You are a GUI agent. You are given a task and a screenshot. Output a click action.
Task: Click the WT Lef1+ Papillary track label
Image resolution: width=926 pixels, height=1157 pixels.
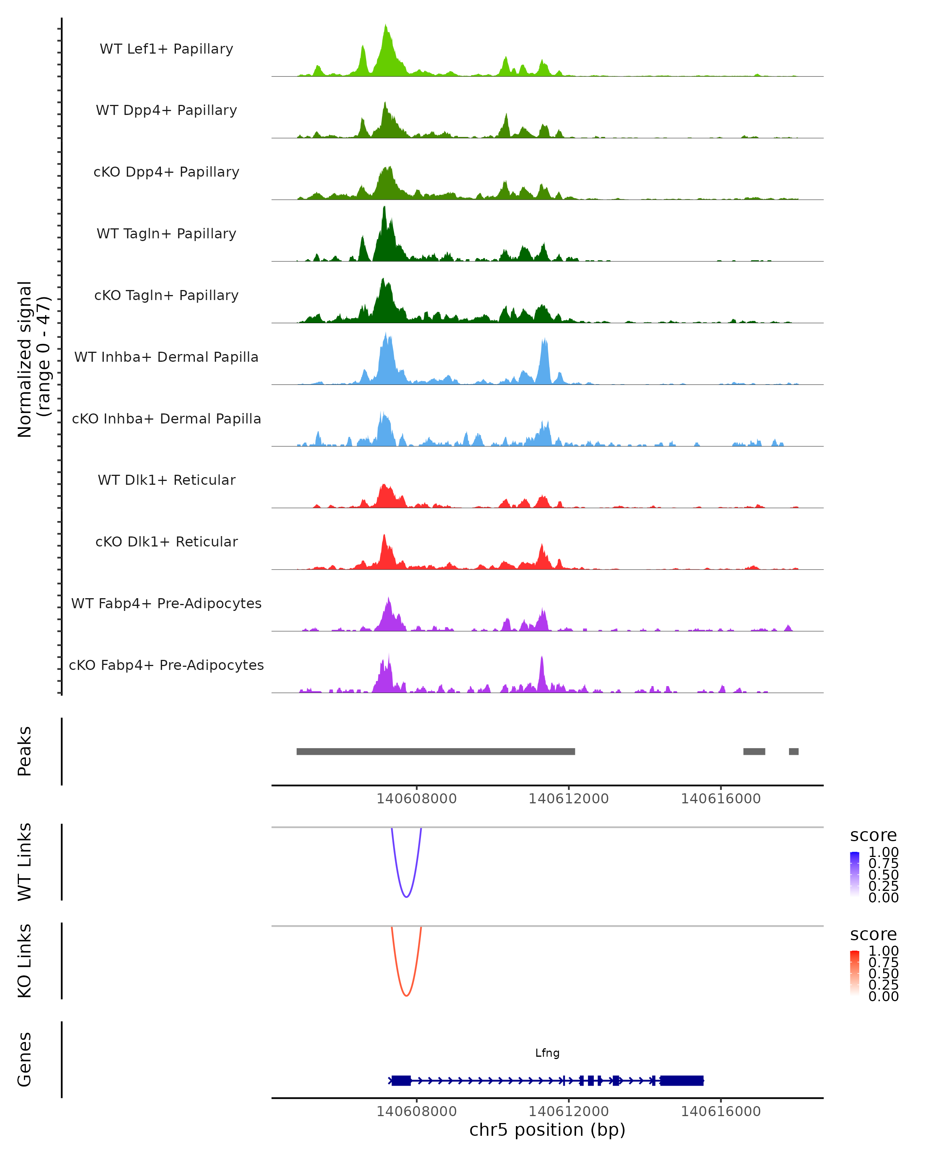pos(166,49)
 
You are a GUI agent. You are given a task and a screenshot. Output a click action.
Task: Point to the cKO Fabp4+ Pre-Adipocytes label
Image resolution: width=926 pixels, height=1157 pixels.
pos(166,665)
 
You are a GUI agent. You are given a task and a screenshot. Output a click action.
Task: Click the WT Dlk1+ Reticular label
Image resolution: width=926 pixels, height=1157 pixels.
pos(166,480)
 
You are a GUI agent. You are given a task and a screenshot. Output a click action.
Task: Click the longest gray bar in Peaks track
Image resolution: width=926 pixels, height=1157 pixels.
pos(435,751)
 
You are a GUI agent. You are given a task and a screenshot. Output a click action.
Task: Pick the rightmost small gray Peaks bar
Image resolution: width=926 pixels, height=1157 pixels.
pos(793,751)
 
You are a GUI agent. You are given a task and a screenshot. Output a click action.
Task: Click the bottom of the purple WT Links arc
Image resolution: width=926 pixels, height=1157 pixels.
pos(406,896)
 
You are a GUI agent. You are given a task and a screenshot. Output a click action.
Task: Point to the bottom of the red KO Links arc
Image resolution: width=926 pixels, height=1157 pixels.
pos(406,995)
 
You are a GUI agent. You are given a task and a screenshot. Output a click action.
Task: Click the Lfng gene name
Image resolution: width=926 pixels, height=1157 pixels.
pos(547,1053)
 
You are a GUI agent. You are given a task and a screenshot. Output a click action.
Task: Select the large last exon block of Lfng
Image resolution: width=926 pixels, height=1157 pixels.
pos(681,1080)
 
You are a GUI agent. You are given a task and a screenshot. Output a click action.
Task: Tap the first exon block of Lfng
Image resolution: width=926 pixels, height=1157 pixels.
pos(401,1080)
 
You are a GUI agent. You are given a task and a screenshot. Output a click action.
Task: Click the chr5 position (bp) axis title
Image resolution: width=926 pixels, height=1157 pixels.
pos(547,1130)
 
